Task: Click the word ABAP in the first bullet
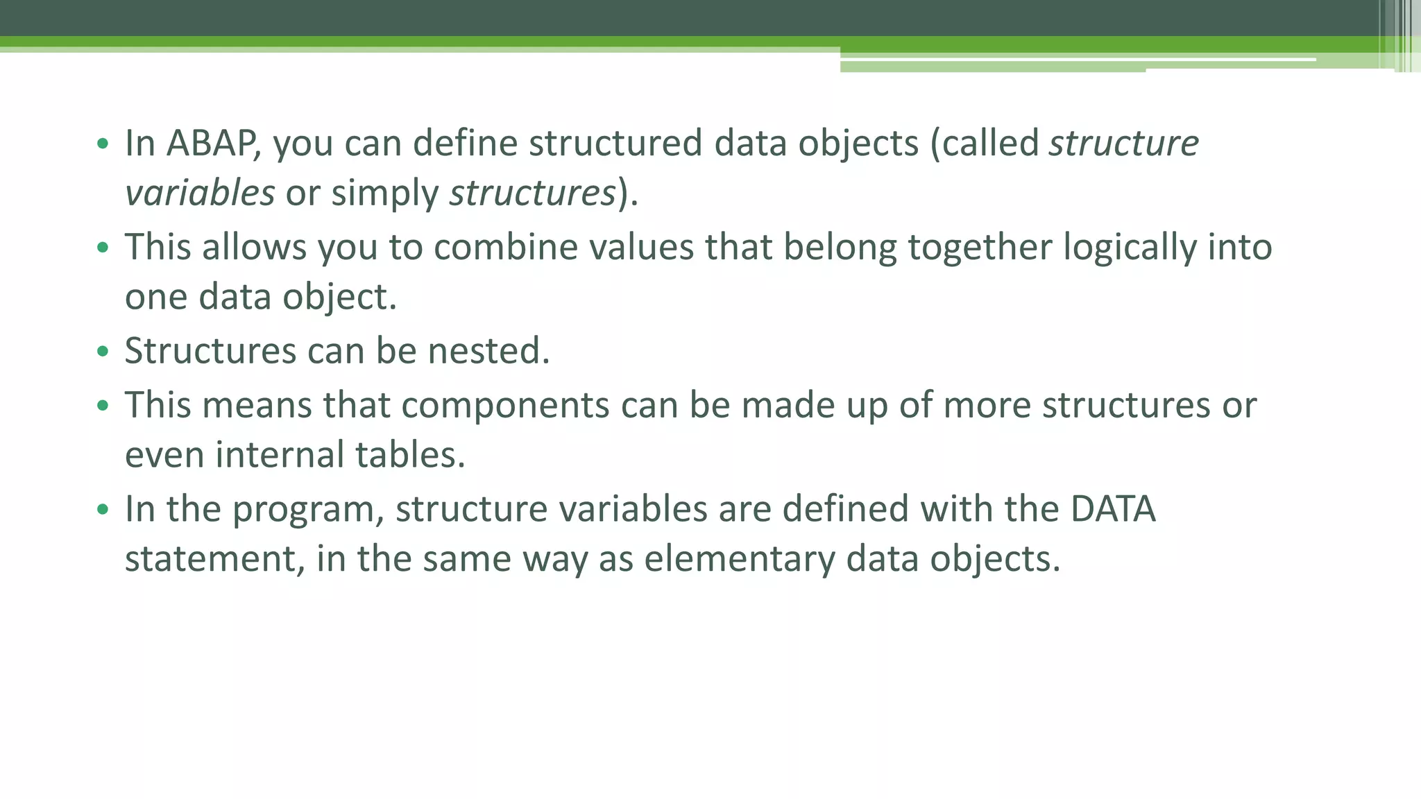pyautogui.click(x=212, y=144)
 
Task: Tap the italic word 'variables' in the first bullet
pyautogui.click(x=200, y=194)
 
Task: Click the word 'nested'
pyautogui.click(x=488, y=351)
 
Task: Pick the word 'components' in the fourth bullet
pyautogui.click(x=505, y=406)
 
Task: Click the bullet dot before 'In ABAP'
pyautogui.click(x=103, y=144)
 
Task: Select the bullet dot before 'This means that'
pyautogui.click(x=103, y=406)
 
